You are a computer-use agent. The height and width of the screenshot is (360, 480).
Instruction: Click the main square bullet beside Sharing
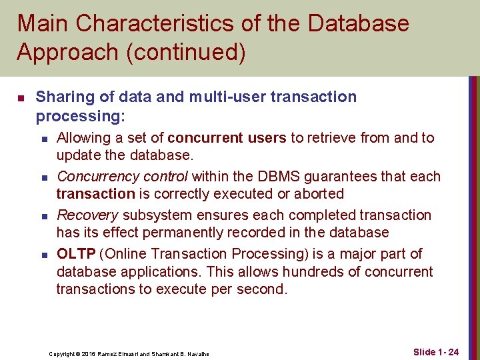pyautogui.click(x=21, y=98)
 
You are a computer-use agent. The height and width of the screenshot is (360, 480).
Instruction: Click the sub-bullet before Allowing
pyautogui.click(x=43, y=139)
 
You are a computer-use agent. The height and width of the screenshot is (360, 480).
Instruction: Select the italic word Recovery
pyautogui.click(x=87, y=215)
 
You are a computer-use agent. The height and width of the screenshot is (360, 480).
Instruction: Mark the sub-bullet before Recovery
pyautogui.click(x=43, y=217)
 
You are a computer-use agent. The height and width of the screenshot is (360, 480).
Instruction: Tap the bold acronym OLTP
pyautogui.click(x=75, y=254)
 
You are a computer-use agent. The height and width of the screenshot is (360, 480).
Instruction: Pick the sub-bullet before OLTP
pyautogui.click(x=43, y=255)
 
